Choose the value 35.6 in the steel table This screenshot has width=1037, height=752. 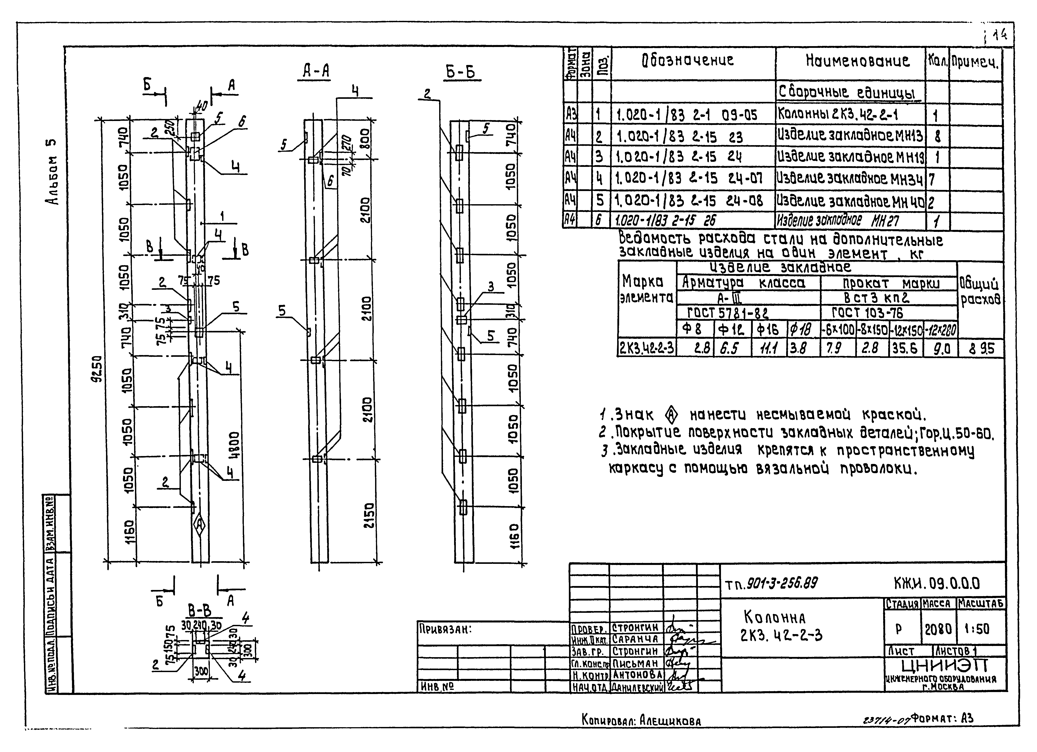tap(905, 349)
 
